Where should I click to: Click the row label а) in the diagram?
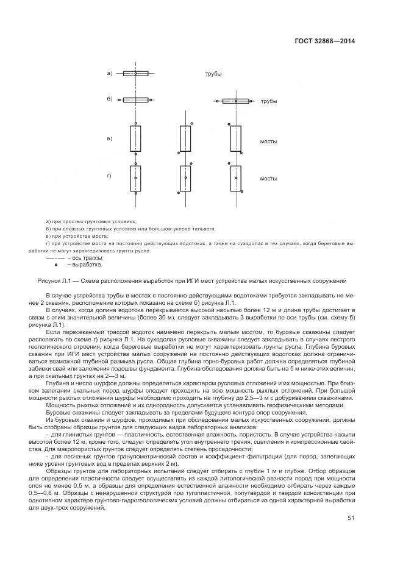pos(110,73)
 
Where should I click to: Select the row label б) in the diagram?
pos(110,99)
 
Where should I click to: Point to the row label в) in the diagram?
pos(110,139)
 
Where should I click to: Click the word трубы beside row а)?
pos(213,74)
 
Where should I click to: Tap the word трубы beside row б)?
pos(269,101)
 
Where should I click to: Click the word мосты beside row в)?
pos(269,141)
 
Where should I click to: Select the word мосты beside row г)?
pos(269,179)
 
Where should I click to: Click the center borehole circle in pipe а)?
pos(135,74)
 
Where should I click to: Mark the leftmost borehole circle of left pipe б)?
pos(119,99)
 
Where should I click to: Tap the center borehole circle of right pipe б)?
pos(235,101)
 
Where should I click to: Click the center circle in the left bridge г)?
pos(135,178)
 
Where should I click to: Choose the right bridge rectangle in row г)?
pos(235,178)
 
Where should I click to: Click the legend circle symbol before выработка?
pos(55,265)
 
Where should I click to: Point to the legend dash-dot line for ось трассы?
pos(55,258)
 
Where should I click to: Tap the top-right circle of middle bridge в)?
pos(192,124)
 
